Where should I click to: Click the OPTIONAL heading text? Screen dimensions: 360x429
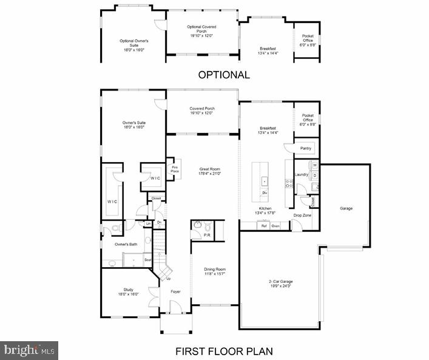coord(224,75)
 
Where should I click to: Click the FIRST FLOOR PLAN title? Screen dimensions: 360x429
coord(224,351)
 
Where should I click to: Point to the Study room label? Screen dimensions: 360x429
coord(128,290)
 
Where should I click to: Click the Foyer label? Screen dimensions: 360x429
coord(175,292)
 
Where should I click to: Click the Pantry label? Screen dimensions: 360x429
coord(306,148)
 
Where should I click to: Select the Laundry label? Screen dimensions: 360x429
coord(302,175)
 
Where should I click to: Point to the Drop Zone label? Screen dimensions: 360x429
coord(302,215)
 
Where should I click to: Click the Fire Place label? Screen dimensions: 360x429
coord(174,171)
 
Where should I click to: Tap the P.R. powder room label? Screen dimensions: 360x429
coord(207,234)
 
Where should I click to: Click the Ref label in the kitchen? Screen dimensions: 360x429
coord(264,226)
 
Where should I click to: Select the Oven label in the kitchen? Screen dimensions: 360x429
coord(275,226)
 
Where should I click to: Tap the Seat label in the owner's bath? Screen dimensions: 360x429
coord(147,260)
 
